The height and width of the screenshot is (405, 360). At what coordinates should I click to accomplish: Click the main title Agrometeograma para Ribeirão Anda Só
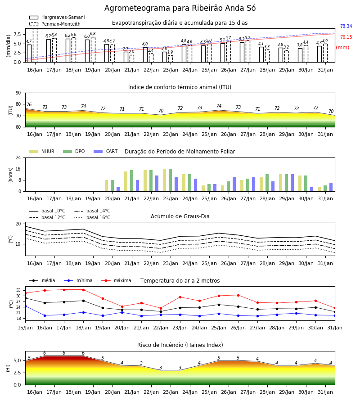coord(180,8)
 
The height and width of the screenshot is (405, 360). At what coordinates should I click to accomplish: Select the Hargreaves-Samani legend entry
coord(57,17)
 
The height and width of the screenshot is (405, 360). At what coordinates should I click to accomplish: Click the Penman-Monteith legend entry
coord(55,24)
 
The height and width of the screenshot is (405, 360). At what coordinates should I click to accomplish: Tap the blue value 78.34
coord(346,27)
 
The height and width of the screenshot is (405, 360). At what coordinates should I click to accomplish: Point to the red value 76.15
coord(346,37)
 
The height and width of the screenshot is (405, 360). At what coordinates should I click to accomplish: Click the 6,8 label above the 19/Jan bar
coord(93,34)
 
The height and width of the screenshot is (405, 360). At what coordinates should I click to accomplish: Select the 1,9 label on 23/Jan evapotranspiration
coord(170,52)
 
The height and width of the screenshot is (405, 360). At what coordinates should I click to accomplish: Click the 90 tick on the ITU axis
coord(18,93)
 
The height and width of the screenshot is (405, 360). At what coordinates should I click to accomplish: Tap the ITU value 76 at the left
coord(29,104)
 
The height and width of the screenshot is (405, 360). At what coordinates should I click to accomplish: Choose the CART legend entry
coord(106,151)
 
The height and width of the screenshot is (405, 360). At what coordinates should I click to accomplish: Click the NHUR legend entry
coord(42,151)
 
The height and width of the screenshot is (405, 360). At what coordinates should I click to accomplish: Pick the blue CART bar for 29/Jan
coord(292,183)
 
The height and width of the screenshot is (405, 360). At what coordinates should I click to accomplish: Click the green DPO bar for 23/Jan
coord(170,180)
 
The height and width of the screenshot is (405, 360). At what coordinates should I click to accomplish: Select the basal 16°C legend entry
coord(92,217)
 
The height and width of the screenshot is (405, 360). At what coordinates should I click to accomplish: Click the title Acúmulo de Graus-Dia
coord(180,216)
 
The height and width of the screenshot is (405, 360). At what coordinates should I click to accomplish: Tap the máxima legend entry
coord(116,280)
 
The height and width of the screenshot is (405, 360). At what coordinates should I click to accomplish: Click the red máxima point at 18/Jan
coord(83,290)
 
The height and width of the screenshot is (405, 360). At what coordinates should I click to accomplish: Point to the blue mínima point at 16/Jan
coord(45,315)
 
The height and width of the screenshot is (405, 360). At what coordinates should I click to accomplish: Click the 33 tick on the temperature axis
coord(18,290)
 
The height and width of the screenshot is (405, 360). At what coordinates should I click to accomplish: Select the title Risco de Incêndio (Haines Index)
coord(180,345)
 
